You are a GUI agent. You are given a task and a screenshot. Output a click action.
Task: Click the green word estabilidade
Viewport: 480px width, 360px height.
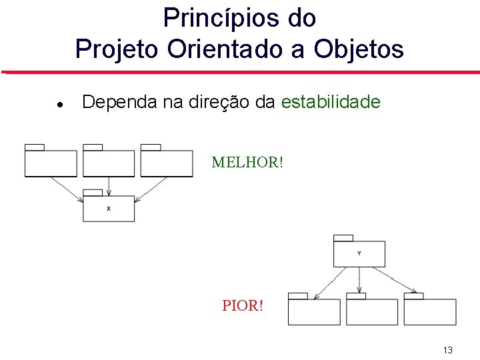(331, 102)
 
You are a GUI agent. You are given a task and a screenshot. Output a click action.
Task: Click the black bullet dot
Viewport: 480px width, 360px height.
(59, 105)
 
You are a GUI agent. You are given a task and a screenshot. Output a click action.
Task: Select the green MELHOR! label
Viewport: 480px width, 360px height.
(247, 162)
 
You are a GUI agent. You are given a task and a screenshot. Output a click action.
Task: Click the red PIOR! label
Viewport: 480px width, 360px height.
(243, 307)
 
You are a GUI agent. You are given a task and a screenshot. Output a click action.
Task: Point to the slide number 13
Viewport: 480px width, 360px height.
(447, 351)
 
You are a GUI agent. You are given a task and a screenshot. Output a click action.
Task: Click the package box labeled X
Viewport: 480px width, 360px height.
(109, 207)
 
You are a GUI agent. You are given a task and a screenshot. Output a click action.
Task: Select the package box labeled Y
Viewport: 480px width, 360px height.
(359, 253)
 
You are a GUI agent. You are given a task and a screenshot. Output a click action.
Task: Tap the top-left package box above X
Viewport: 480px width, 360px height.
(51, 163)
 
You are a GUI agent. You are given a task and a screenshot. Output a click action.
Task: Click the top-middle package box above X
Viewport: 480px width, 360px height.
(109, 163)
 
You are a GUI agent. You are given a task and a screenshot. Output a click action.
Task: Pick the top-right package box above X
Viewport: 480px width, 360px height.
(167, 163)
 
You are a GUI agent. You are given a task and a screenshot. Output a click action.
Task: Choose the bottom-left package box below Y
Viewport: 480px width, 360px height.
(314, 311)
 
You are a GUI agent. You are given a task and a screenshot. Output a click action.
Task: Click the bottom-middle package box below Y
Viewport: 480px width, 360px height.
(372, 311)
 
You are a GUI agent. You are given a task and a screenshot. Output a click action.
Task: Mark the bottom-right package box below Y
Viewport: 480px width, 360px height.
(430, 311)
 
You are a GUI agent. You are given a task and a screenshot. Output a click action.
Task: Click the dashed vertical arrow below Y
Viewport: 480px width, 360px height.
(360, 279)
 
